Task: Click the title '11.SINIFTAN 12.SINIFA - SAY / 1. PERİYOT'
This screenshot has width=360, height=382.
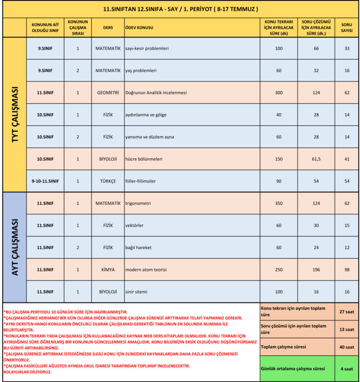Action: (x=180, y=9)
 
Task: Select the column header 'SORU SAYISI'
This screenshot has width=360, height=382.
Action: (x=346, y=27)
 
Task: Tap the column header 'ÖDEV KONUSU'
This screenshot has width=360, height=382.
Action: (x=139, y=27)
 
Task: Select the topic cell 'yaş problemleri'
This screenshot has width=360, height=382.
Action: (x=140, y=71)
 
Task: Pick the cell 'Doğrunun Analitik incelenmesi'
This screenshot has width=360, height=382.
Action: (x=156, y=93)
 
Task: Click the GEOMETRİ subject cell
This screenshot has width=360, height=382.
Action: (x=108, y=93)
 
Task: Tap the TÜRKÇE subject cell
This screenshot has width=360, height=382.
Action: (x=108, y=181)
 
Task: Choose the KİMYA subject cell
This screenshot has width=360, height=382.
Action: (x=108, y=270)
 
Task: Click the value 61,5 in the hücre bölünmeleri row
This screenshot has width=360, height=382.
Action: (x=315, y=159)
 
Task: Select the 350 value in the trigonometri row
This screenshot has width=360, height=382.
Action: (x=279, y=203)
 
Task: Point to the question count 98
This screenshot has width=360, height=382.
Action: (x=346, y=270)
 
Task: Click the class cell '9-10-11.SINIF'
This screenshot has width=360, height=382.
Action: (x=45, y=181)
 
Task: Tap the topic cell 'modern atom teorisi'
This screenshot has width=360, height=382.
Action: (x=146, y=270)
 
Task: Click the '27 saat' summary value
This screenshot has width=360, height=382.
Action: (x=346, y=311)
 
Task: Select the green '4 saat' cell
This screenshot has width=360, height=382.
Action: (x=346, y=369)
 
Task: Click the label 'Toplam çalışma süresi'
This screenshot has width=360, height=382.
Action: (x=283, y=347)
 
